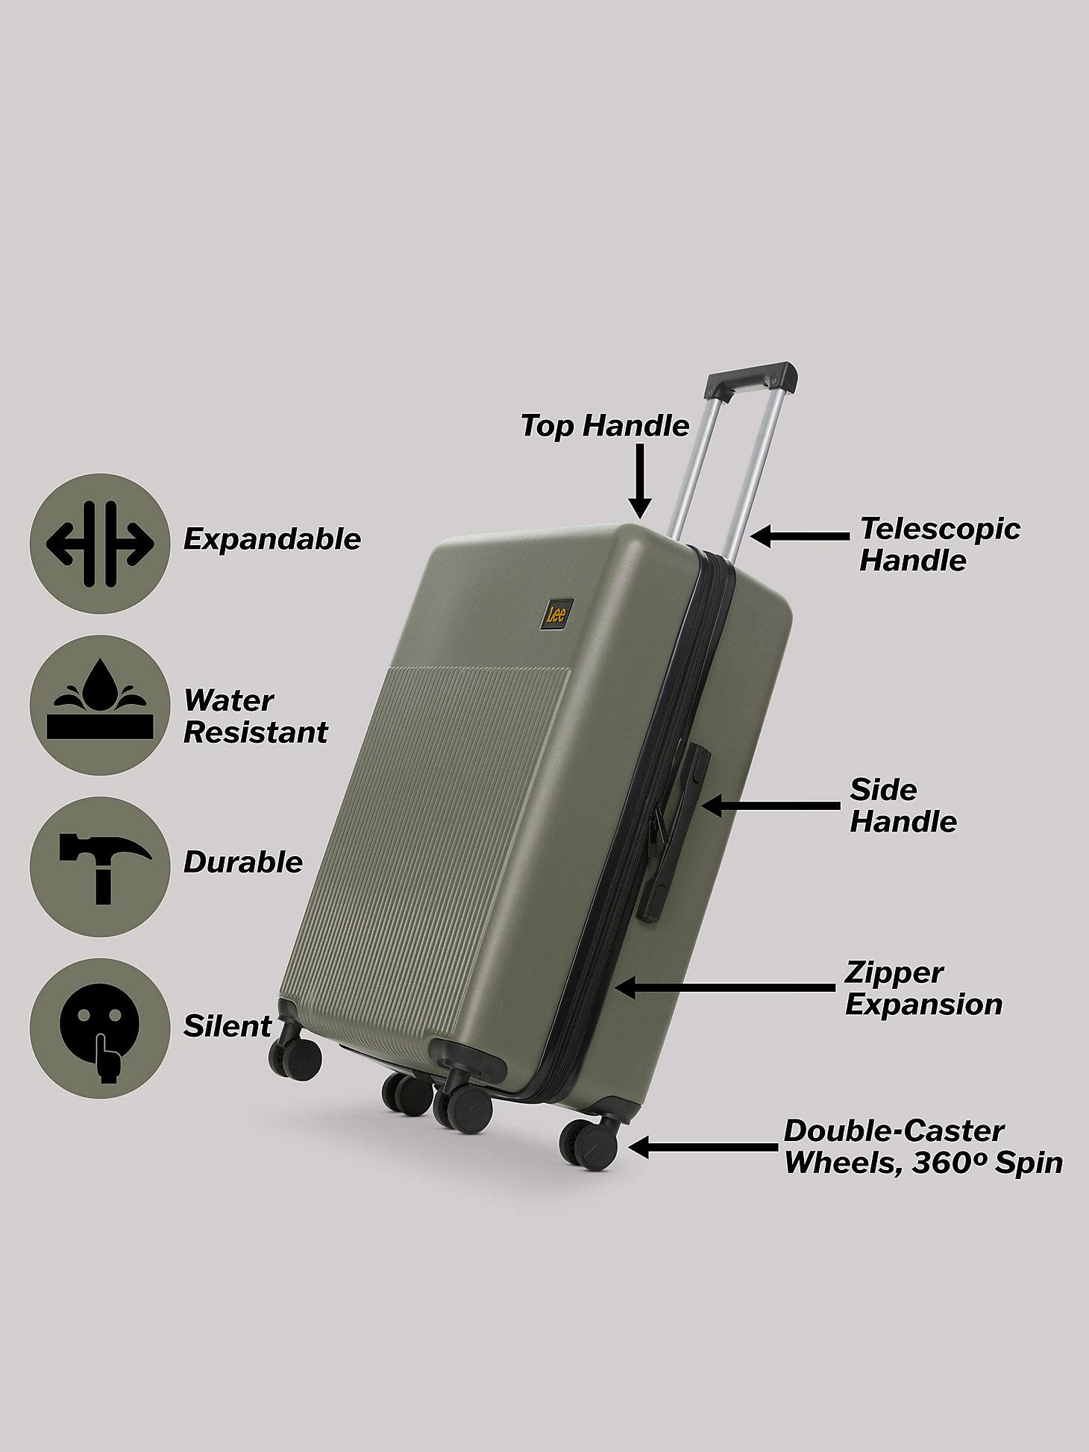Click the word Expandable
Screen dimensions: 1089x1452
pyautogui.click(x=272, y=539)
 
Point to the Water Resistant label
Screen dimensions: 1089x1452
pyautogui.click(x=256, y=717)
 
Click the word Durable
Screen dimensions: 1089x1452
pyautogui.click(x=243, y=863)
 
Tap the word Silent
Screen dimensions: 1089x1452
pyautogui.click(x=228, y=1027)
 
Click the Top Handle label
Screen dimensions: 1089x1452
pyautogui.click(x=605, y=426)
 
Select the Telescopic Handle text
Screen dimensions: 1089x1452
pyautogui.click(x=940, y=544)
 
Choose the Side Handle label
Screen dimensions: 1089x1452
pyautogui.click(x=903, y=805)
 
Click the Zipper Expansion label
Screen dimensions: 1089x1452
pyautogui.click(x=923, y=988)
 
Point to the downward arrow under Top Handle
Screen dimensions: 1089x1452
pyautogui.click(x=639, y=480)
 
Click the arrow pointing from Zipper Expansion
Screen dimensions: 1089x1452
pyautogui.click(x=724, y=989)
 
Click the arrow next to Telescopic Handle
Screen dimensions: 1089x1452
pyautogui.click(x=800, y=535)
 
